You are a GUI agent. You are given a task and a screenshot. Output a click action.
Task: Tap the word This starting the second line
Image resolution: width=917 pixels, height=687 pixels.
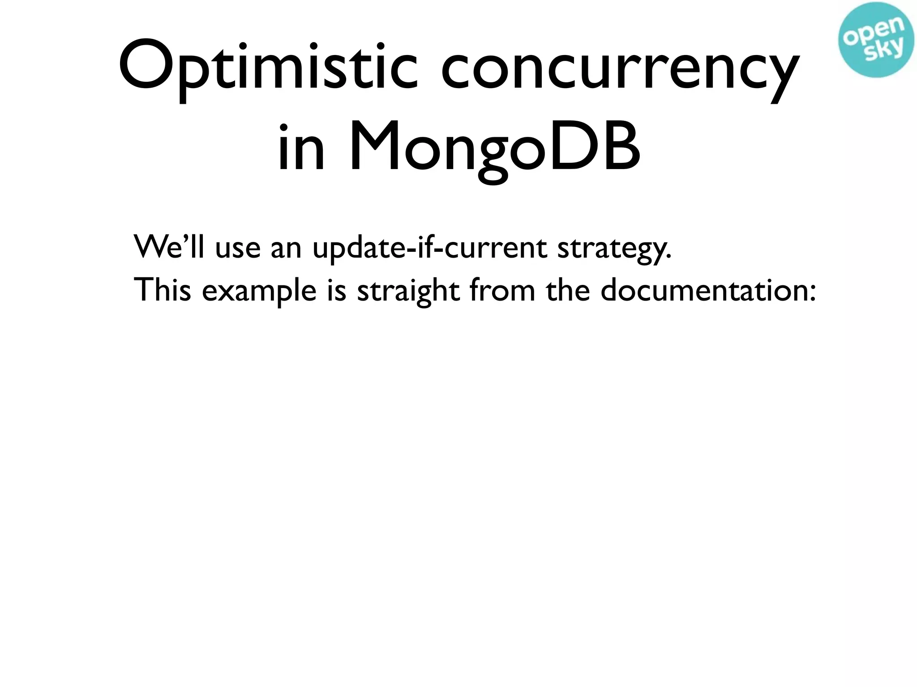[162, 290]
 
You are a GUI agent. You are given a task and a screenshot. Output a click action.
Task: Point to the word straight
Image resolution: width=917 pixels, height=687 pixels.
[408, 291]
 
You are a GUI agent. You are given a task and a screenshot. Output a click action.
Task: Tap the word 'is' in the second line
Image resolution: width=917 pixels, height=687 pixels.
[337, 290]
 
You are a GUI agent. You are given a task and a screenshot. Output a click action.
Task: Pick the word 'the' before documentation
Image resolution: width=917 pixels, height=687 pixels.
[568, 290]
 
